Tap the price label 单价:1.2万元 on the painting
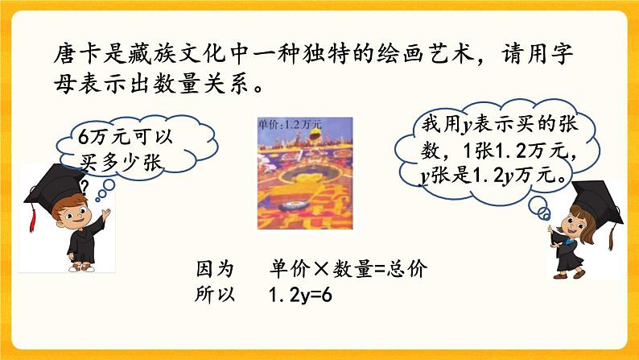[289, 124]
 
